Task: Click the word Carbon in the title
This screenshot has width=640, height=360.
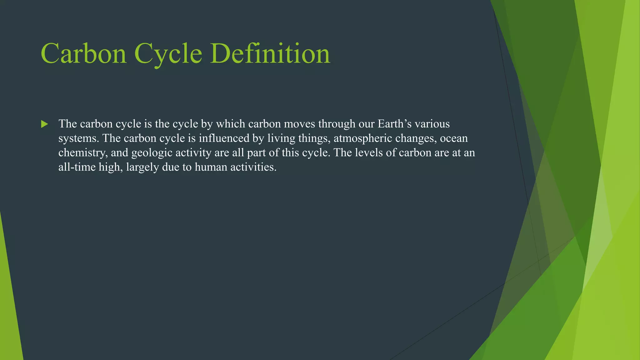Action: [83, 54]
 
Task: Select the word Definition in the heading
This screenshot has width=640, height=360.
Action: [270, 54]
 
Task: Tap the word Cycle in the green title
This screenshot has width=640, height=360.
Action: [168, 54]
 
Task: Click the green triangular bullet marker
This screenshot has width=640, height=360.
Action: [44, 124]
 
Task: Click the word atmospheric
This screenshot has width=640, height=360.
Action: [363, 138]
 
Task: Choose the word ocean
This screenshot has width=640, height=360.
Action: [454, 138]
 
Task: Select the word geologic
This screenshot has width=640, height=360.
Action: [152, 152]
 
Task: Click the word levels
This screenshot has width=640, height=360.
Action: [368, 152]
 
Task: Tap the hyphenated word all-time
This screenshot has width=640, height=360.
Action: [77, 167]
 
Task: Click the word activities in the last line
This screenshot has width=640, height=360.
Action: [253, 167]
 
